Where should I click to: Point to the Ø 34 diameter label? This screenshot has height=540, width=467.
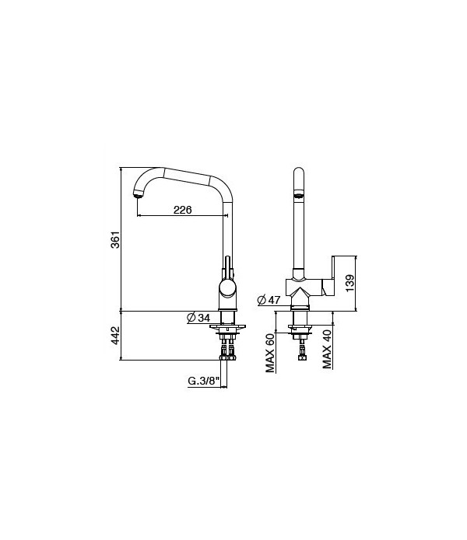coord(198,318)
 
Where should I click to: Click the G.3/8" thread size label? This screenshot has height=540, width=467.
coord(205,381)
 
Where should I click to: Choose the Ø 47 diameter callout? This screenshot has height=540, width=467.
coord(269,300)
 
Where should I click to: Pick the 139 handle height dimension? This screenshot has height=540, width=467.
coord(349,283)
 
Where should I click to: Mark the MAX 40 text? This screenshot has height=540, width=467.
coord(328,349)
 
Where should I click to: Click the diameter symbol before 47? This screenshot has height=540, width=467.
coord(261,300)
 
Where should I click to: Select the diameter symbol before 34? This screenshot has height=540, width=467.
coord(191,318)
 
